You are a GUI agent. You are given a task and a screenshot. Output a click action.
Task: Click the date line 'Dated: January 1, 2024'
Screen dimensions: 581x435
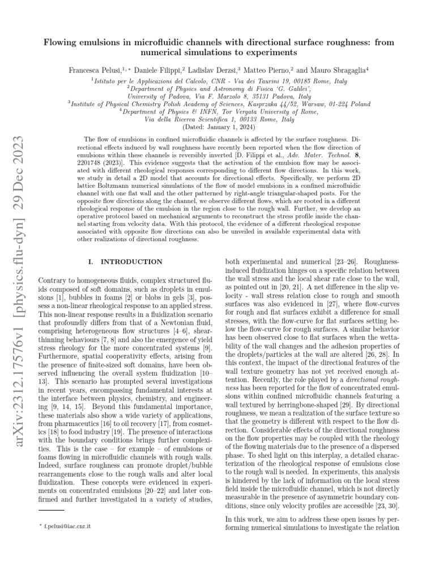[x=218, y=128]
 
